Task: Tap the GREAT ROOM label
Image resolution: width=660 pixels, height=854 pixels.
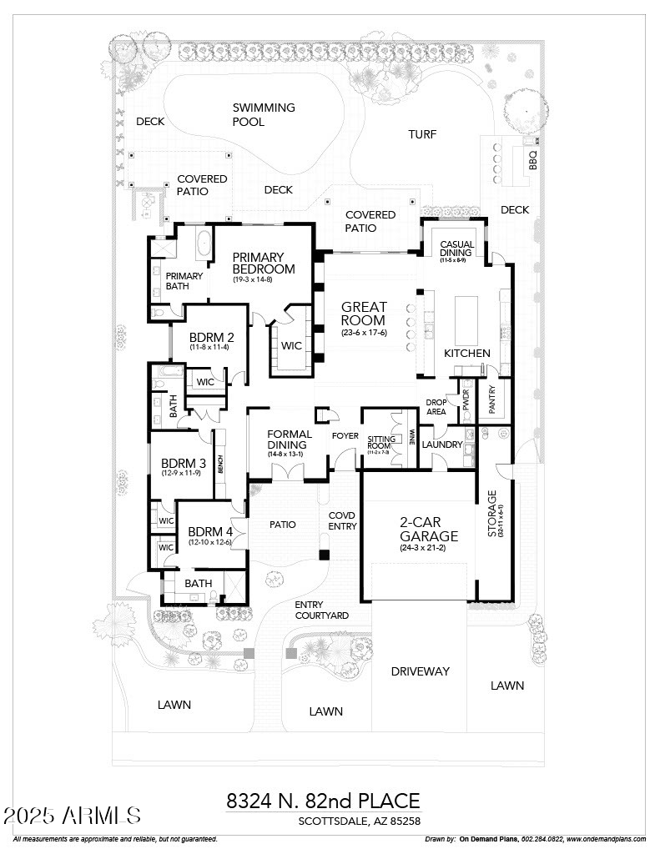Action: click(x=363, y=314)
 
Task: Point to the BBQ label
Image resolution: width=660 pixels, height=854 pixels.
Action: click(x=532, y=158)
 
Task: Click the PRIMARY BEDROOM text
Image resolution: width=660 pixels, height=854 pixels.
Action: click(x=264, y=263)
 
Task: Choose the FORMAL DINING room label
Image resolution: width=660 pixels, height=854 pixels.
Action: click(x=290, y=440)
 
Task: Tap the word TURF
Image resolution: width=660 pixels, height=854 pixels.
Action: click(x=422, y=134)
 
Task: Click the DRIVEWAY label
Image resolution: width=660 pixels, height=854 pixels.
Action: click(x=421, y=671)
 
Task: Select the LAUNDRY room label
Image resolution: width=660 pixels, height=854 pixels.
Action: click(x=441, y=445)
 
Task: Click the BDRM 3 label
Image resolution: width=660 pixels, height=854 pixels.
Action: click(x=184, y=464)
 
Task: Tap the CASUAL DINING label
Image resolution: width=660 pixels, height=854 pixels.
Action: click(x=456, y=248)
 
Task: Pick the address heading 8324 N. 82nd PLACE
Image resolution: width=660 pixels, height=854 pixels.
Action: click(x=323, y=801)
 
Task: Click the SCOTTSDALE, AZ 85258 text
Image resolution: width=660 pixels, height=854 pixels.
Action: click(x=360, y=821)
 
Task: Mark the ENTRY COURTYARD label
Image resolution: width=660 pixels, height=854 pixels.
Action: click(x=321, y=610)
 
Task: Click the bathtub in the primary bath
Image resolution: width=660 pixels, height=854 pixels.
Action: click(x=203, y=245)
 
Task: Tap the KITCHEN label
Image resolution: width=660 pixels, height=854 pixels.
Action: click(x=466, y=353)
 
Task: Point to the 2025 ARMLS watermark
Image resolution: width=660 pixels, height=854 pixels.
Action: click(x=72, y=815)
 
